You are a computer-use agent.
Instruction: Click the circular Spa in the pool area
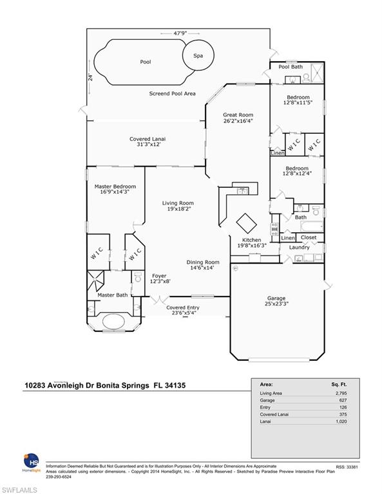[x=198, y=56]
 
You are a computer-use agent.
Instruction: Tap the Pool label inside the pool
[x=146, y=62]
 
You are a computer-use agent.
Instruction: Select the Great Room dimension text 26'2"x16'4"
[x=238, y=120]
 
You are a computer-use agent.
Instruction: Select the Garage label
[x=277, y=298]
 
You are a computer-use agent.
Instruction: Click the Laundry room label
[x=299, y=247]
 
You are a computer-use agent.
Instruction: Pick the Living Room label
[x=178, y=203]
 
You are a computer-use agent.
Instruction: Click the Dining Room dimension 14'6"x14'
[x=203, y=268]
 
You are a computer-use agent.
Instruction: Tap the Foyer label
[x=141, y=276]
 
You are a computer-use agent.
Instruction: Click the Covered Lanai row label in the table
[x=274, y=416]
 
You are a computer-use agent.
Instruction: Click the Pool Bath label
[x=291, y=67]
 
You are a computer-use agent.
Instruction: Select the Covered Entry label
[x=183, y=308]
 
